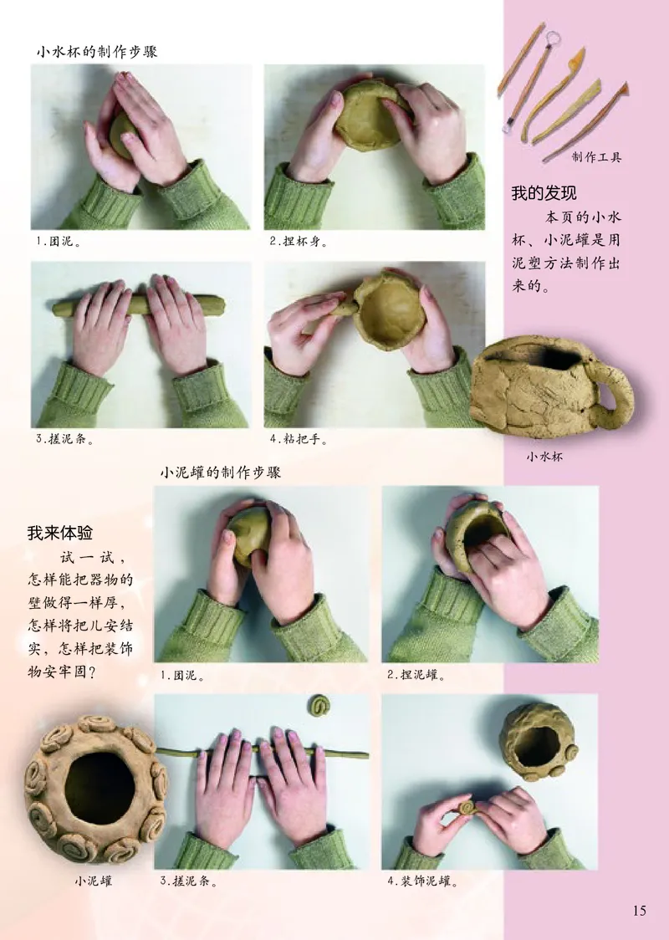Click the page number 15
tap(639, 912)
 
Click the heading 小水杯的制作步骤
tap(96, 51)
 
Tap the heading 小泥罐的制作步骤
tap(220, 473)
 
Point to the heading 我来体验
tap(60, 533)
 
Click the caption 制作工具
tap(596, 156)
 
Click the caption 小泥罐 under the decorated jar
tap(92, 880)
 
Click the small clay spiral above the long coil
tap(319, 706)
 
